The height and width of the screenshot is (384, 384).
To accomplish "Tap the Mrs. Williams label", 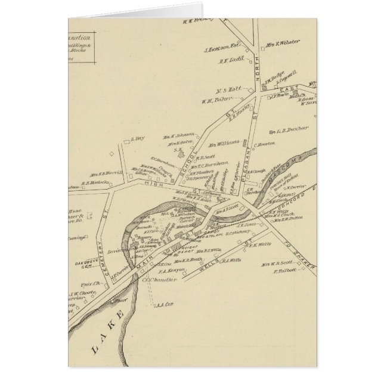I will pyautogui.click(x=224, y=143).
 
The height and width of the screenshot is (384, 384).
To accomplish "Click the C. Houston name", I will pyautogui.click(x=264, y=144).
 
